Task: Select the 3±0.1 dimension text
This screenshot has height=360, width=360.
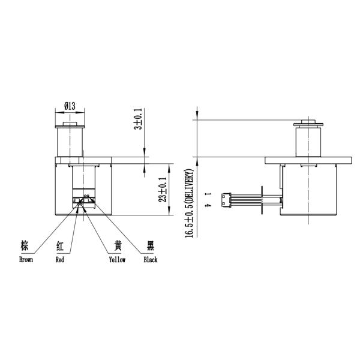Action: tap(137, 119)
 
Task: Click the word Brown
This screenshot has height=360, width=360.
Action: tap(26, 260)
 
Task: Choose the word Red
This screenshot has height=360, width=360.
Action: tap(60, 260)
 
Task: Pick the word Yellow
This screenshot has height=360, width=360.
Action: tap(117, 260)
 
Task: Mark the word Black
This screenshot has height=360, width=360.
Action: tap(150, 260)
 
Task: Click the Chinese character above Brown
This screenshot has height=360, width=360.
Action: tap(25, 247)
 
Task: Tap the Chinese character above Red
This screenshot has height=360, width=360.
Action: tap(60, 247)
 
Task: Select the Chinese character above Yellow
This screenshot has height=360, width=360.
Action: tap(118, 247)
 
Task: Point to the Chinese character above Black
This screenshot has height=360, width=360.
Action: tap(151, 247)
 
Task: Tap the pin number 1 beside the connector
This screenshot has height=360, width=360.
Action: tap(207, 194)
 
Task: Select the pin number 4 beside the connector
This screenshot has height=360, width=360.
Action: tap(207, 206)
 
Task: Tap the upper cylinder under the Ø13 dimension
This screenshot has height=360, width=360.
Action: tap(71, 141)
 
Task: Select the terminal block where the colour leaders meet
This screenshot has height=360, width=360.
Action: tap(85, 202)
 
